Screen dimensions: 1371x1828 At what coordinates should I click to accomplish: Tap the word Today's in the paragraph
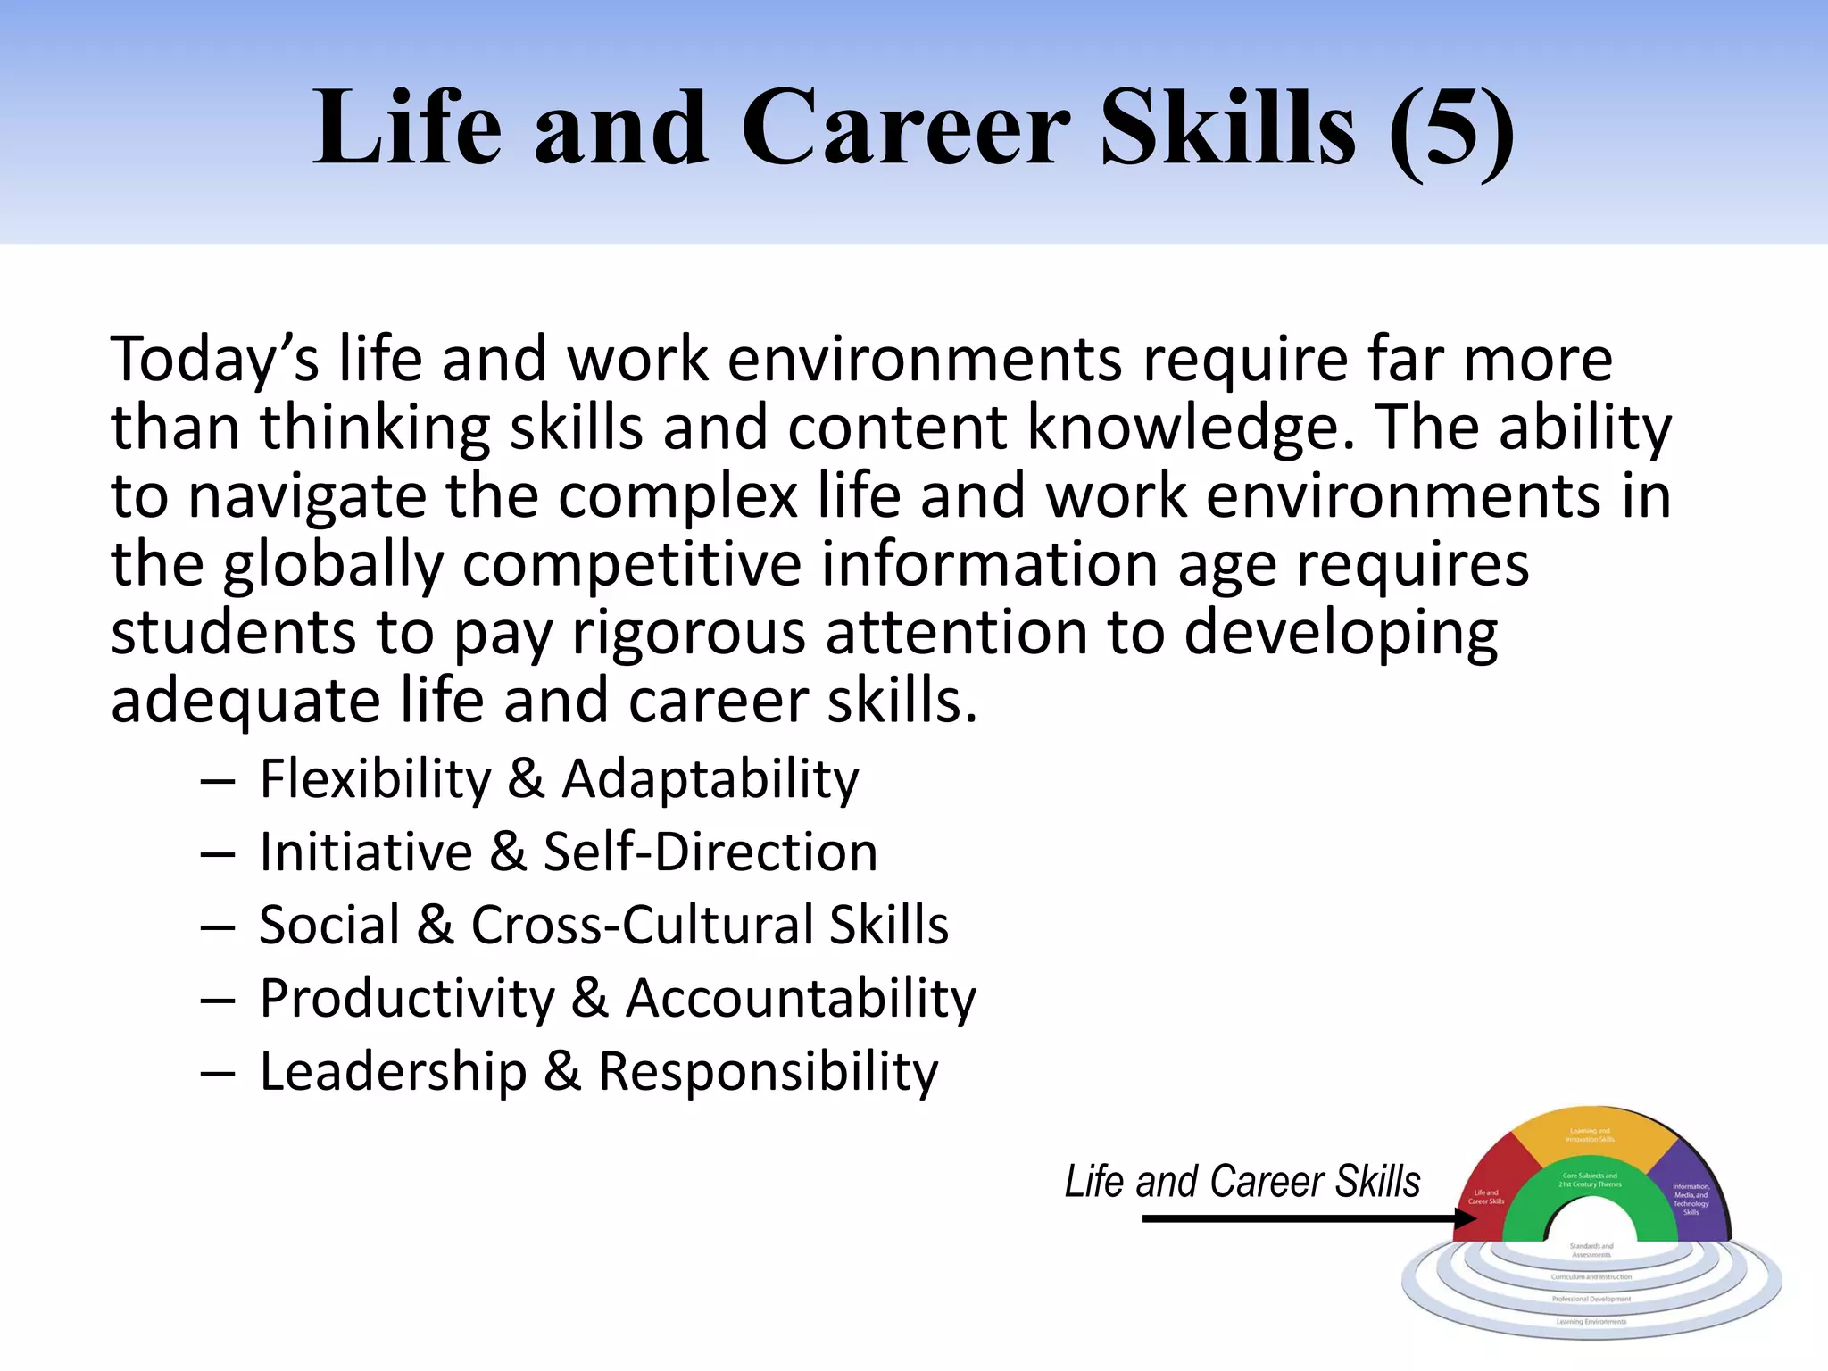214,360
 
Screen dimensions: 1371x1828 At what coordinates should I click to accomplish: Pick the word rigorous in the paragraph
688,634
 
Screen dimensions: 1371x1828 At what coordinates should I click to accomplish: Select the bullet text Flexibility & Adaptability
559,779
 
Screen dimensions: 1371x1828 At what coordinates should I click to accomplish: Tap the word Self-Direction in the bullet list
710,852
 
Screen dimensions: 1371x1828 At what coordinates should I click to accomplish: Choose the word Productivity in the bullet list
407,999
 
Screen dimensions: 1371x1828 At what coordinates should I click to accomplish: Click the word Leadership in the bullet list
393,1072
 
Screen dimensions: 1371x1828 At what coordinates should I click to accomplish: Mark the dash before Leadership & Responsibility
218,1074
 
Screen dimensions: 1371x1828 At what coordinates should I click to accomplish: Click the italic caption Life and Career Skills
1242,1182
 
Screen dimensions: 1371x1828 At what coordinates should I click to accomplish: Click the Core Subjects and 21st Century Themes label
1590,1180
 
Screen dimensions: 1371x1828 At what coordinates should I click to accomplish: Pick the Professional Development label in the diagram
1591,1300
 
